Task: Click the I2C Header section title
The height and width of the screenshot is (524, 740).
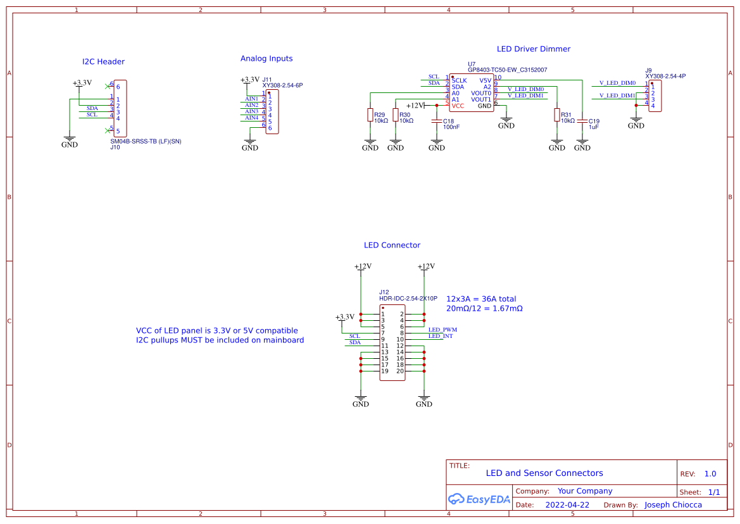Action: (103, 61)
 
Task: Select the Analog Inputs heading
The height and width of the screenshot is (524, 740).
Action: (267, 58)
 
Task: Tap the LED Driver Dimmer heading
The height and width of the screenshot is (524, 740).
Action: (534, 49)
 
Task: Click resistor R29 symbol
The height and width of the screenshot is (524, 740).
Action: (370, 115)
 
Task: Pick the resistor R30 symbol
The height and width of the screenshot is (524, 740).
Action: (396, 115)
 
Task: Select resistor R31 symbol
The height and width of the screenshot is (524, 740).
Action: (557, 115)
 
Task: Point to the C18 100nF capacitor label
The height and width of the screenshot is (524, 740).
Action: (451, 124)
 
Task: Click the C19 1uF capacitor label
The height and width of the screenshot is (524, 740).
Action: (594, 124)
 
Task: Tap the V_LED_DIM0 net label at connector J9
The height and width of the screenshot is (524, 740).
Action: (617, 83)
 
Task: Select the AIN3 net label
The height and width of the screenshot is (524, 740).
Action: (251, 111)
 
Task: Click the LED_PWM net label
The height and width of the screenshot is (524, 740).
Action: (442, 330)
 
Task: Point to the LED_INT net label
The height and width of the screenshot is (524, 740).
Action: (441, 336)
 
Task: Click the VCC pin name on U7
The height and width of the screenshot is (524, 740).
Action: (458, 106)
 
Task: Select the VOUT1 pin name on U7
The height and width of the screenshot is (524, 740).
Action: (481, 99)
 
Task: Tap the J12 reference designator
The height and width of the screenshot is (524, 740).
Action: (384, 292)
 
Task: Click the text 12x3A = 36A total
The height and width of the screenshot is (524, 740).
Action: (481, 299)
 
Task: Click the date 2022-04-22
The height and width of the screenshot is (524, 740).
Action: (567, 505)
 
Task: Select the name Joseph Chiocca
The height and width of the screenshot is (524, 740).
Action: (673, 505)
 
